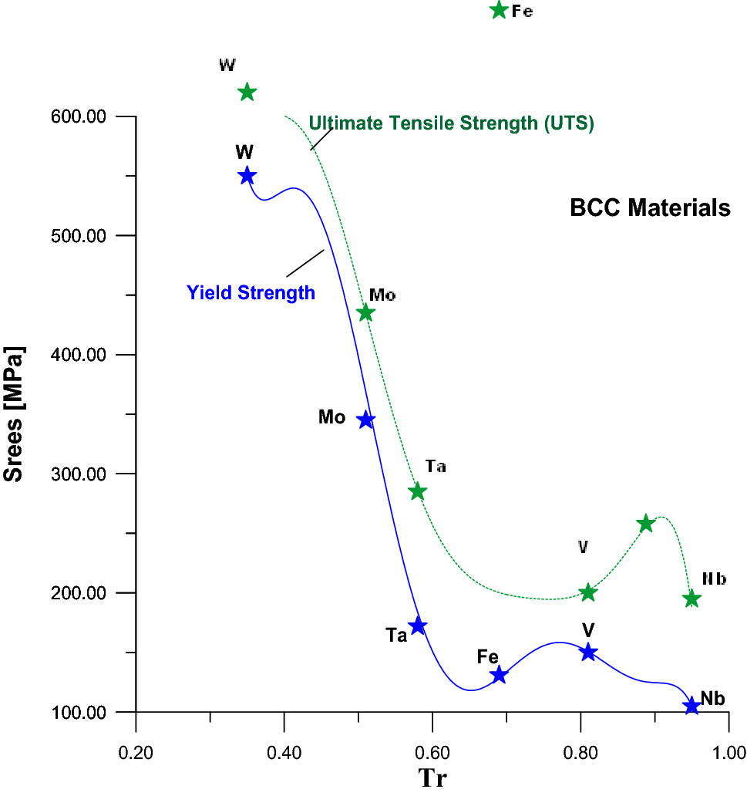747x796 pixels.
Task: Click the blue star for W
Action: pyautogui.click(x=247, y=176)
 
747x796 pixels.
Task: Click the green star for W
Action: pyautogui.click(x=247, y=93)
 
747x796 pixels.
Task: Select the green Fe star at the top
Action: pyautogui.click(x=499, y=11)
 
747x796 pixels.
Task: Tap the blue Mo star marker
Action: pyautogui.click(x=366, y=420)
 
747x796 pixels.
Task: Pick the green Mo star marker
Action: pyautogui.click(x=366, y=313)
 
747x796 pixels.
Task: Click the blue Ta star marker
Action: pyautogui.click(x=418, y=626)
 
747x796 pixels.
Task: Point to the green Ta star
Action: pyautogui.click(x=418, y=491)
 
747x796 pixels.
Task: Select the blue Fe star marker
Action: pyautogui.click(x=499, y=676)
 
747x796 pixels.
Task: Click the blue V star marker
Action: pyautogui.click(x=588, y=653)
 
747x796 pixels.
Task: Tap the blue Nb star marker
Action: pyautogui.click(x=691, y=706)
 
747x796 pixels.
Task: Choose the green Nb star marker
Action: pyautogui.click(x=691, y=599)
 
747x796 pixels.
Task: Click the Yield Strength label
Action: pyautogui.click(x=251, y=293)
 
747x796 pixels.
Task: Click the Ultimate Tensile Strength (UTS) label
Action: pyautogui.click(x=451, y=123)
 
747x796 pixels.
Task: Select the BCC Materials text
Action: pyautogui.click(x=650, y=208)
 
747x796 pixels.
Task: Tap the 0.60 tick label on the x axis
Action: pyautogui.click(x=432, y=751)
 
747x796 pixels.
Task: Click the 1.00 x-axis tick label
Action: pyautogui.click(x=728, y=751)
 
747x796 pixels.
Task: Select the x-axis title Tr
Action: pyautogui.click(x=432, y=778)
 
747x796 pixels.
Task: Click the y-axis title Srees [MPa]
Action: pyautogui.click(x=14, y=414)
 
